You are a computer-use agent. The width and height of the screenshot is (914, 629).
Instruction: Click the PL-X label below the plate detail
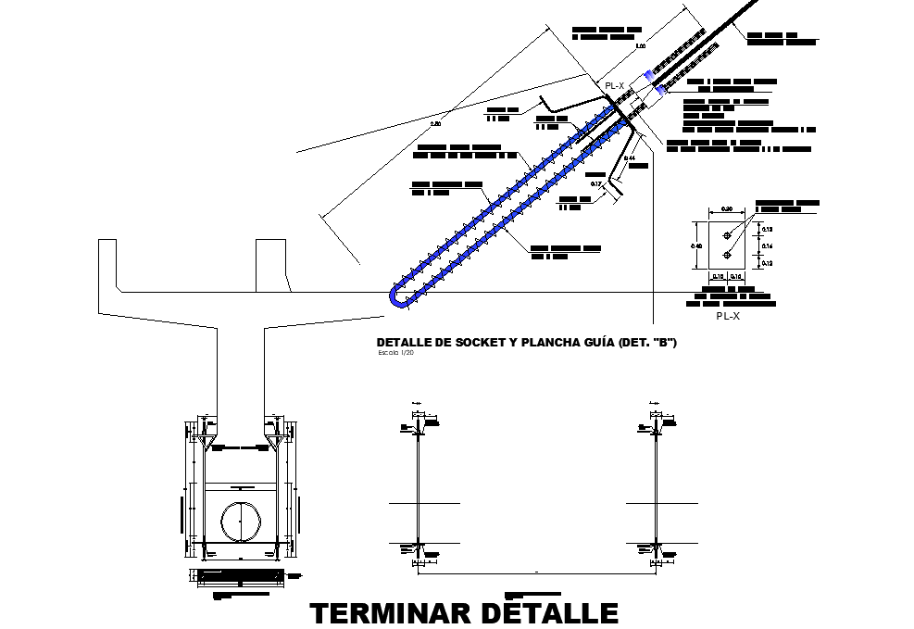(x=729, y=316)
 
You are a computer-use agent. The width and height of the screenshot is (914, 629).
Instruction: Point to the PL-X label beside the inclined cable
(x=614, y=85)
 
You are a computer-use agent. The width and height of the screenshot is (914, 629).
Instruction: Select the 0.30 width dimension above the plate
(x=727, y=208)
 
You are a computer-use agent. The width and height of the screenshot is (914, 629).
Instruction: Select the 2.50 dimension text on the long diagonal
(x=436, y=123)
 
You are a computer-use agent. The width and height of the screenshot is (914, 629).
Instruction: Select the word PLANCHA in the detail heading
(x=541, y=343)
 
